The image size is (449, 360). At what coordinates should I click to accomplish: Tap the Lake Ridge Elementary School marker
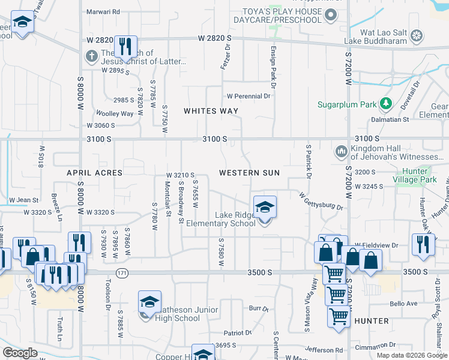[x=264, y=208]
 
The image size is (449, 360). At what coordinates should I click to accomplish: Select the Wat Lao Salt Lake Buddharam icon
[x=417, y=37]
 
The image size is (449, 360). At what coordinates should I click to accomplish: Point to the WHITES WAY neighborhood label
[x=211, y=111]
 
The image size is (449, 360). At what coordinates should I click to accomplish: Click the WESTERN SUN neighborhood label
[x=249, y=173]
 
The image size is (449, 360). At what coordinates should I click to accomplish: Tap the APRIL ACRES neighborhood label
[x=95, y=173]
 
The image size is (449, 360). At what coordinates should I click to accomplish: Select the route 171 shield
[x=122, y=273]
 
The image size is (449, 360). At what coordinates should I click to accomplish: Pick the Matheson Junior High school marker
[x=149, y=302]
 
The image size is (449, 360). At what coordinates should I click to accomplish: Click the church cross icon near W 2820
[x=91, y=56]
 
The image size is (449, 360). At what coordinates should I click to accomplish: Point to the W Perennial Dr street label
[x=249, y=96]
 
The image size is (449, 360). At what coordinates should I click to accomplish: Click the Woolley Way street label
[x=115, y=113]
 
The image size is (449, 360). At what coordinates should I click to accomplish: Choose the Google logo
[x=20, y=353]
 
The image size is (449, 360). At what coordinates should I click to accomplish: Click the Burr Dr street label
[x=259, y=308]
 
